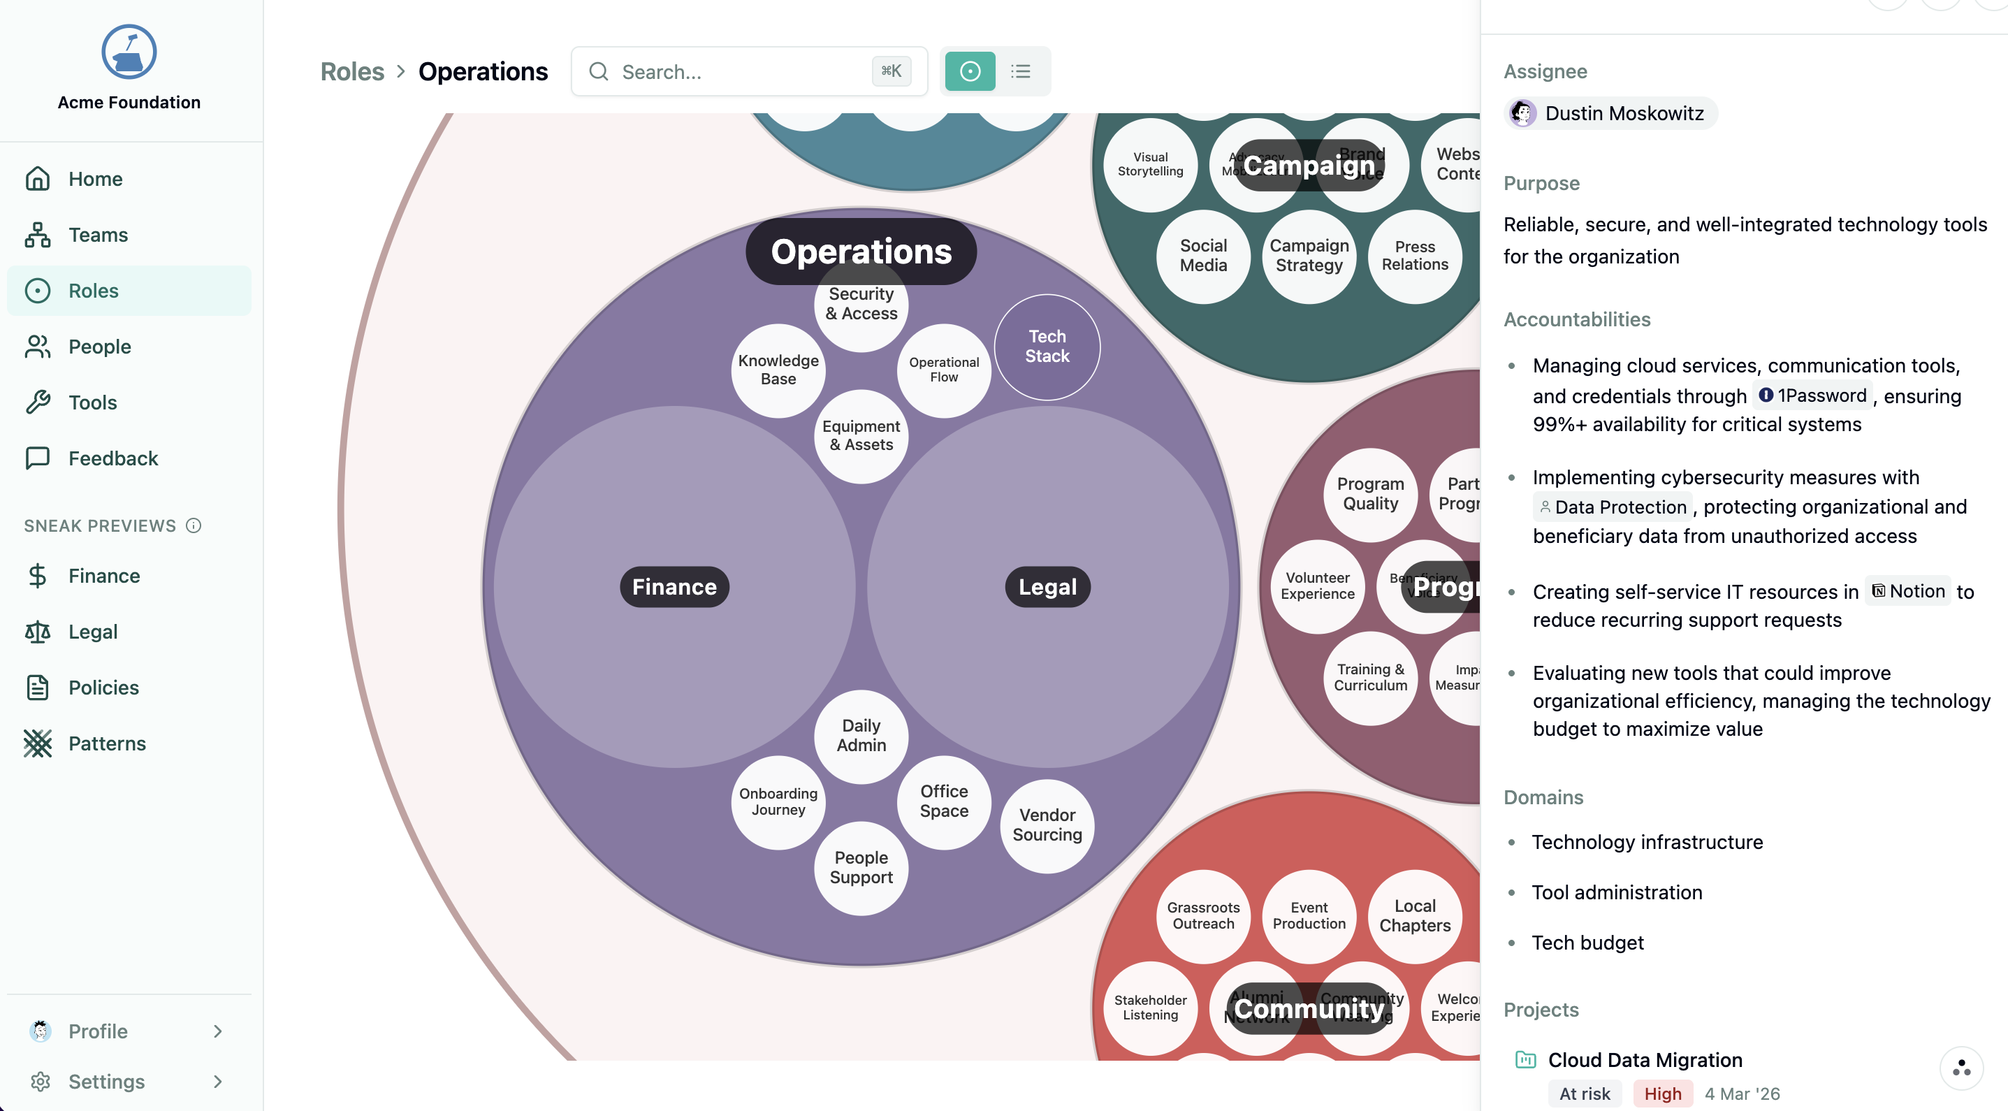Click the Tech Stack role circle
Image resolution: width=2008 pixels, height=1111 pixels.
tap(1047, 347)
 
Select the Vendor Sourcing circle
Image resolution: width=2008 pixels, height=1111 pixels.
tap(1047, 825)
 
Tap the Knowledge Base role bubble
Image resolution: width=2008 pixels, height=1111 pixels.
tap(778, 370)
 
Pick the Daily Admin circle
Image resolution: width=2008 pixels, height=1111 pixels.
tap(861, 735)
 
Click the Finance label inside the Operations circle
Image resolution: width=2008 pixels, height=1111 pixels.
tap(674, 587)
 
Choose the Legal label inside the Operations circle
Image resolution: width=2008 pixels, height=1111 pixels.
tap(1047, 587)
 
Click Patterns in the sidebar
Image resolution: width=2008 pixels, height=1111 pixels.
tap(107, 743)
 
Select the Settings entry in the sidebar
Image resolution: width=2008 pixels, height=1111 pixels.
tap(106, 1082)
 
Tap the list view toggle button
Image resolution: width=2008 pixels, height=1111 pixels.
tap(1020, 72)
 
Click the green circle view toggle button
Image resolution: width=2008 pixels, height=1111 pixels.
tap(970, 72)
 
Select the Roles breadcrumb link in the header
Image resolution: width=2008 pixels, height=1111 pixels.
tap(352, 72)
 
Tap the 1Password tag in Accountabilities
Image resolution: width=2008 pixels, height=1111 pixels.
tap(1813, 395)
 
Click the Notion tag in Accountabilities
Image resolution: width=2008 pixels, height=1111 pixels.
tap(1908, 591)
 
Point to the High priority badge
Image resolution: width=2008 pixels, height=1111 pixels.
tap(1662, 1094)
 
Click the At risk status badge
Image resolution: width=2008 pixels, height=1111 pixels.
tap(1584, 1094)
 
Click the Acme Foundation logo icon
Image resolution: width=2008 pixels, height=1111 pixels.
tap(129, 52)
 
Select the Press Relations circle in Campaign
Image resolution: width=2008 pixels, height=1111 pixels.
tap(1415, 256)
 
